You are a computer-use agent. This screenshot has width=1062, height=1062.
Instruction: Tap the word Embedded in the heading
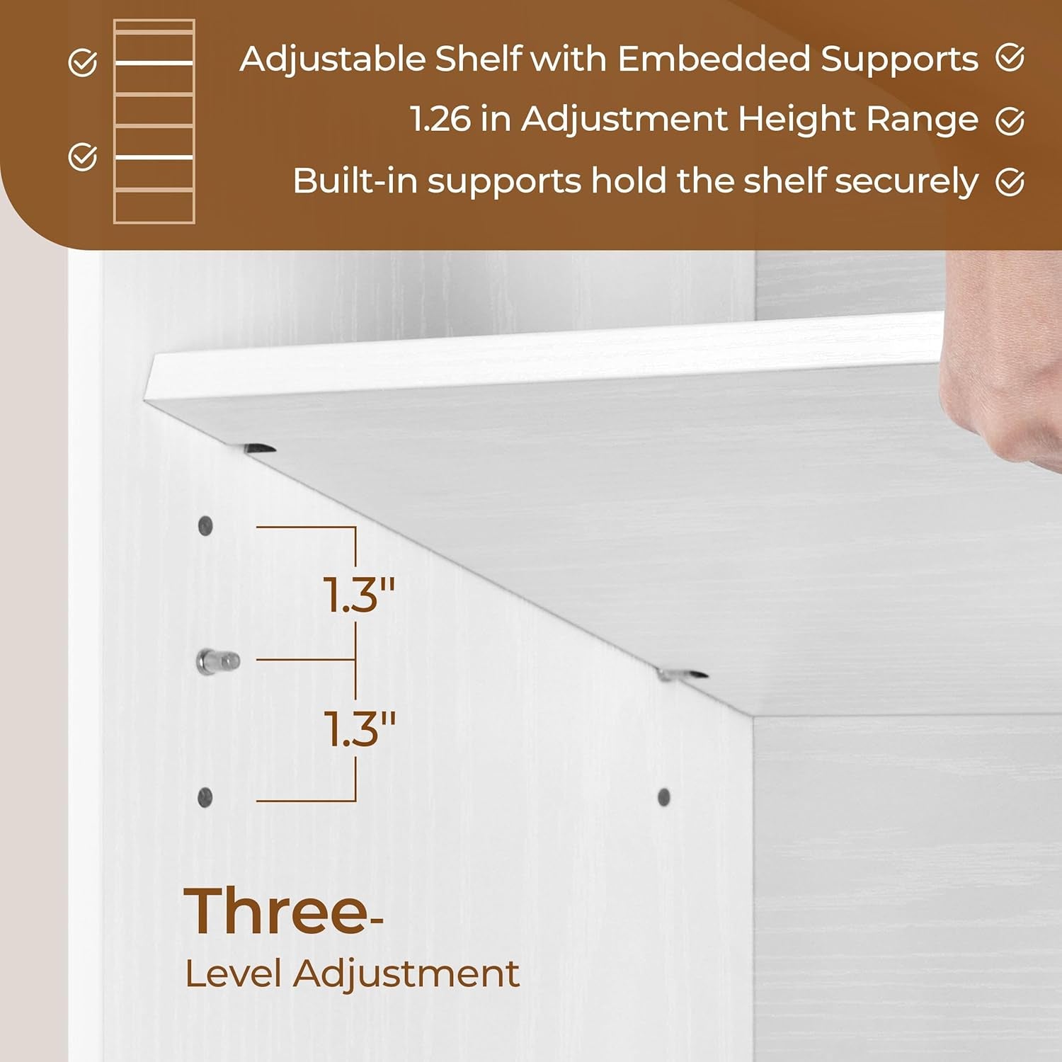click(x=714, y=59)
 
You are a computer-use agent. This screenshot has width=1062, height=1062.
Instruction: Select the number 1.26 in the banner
click(x=440, y=119)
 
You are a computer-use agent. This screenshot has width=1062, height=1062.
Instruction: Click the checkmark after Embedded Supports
click(x=1010, y=58)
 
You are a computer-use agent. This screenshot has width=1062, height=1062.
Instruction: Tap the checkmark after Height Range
click(x=1010, y=121)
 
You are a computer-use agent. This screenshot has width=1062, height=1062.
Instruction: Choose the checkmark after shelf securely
click(x=1010, y=183)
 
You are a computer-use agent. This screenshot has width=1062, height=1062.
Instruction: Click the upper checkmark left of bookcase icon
click(x=83, y=63)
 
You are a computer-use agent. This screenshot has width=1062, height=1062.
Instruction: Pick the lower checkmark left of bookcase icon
click(x=83, y=156)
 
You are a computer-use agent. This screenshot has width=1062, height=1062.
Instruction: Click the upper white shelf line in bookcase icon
click(x=154, y=64)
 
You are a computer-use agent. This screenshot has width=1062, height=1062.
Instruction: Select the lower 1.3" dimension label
click(x=359, y=729)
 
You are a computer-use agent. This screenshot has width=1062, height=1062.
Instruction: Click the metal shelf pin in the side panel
click(x=217, y=662)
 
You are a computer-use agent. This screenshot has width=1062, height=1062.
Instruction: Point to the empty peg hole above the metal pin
click(x=205, y=526)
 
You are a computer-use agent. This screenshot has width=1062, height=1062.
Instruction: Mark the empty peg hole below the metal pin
click(x=205, y=797)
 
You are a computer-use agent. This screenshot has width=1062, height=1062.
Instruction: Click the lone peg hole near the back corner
click(x=664, y=797)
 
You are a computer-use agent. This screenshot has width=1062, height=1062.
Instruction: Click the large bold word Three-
click(x=281, y=912)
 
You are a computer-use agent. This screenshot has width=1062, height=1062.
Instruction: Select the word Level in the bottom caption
click(x=234, y=974)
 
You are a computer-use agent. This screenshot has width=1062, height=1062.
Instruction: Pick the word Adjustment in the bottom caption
click(x=406, y=974)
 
